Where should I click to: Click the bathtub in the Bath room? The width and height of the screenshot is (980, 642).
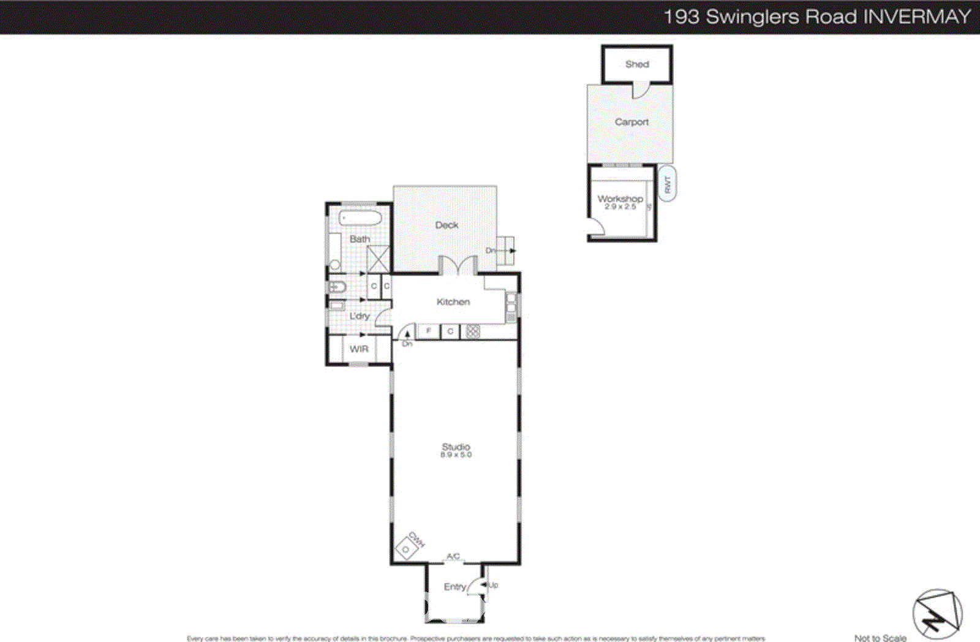click(360, 218)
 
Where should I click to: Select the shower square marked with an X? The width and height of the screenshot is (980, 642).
click(378, 259)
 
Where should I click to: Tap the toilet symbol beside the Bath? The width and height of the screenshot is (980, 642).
click(337, 287)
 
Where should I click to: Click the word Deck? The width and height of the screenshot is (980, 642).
click(447, 225)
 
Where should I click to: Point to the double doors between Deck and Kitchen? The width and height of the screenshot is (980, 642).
click(458, 266)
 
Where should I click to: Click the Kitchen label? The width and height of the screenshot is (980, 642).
click(453, 301)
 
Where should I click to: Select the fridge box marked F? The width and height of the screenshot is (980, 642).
click(428, 331)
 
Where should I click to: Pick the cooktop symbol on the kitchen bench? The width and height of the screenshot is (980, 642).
click(472, 331)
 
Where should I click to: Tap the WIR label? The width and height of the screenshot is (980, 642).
click(359, 349)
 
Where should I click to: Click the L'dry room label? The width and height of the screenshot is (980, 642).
click(360, 316)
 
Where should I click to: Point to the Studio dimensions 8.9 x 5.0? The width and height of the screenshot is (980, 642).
click(456, 455)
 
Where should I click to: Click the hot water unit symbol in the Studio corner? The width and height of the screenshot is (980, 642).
click(405, 548)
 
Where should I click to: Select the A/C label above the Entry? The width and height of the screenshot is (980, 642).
click(453, 556)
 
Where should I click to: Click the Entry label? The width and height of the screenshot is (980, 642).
click(454, 587)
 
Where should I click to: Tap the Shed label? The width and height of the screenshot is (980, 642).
click(637, 64)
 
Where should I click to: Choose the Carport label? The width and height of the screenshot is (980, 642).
click(631, 122)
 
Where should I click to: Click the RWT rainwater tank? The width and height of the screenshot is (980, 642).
click(668, 184)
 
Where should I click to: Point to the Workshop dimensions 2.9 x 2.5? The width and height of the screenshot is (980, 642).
click(620, 207)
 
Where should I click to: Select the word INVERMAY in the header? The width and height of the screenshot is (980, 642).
click(916, 17)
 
